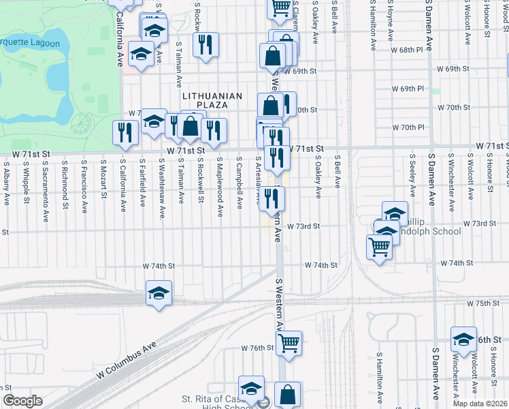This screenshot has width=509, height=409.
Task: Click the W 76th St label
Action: [257, 348]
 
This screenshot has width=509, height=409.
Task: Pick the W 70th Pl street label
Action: [412, 127]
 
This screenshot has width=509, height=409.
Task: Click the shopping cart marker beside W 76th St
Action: [289, 342]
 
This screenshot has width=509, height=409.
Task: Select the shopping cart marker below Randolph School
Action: [379, 247]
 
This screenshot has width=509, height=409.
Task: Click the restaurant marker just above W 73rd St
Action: [272, 199]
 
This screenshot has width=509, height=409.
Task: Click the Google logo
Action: [22, 401]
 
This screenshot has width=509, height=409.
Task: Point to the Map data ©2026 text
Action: [480, 404]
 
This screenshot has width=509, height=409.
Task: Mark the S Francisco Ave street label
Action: [84, 184]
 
